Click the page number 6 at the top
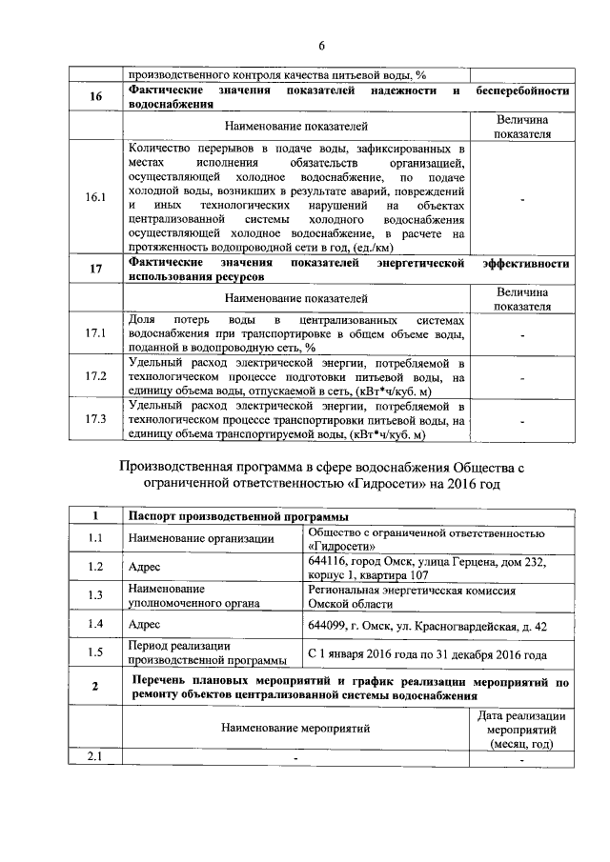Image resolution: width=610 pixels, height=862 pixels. click(321, 45)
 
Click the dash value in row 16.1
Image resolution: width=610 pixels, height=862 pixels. click(522, 198)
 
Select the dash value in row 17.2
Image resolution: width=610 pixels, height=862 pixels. click(522, 377)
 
